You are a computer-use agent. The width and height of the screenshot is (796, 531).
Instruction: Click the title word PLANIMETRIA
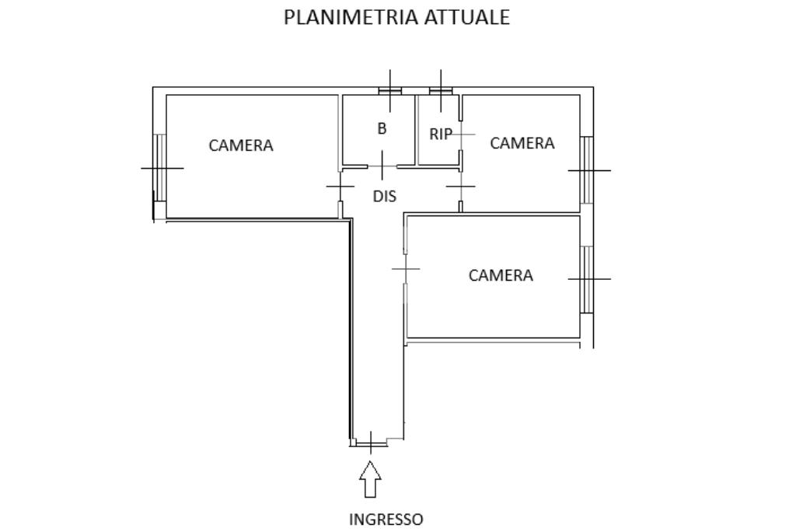coord(351,17)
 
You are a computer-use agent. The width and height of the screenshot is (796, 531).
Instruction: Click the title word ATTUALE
coord(466,17)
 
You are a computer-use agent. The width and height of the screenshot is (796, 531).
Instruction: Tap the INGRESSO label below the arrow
coord(386,519)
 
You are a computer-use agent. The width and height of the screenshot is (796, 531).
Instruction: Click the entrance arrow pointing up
coord(371,479)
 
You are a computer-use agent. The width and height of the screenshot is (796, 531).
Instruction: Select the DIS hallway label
coord(384,197)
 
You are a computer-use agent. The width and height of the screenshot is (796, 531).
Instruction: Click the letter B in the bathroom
coord(382,129)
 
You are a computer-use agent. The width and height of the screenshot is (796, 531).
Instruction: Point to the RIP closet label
coord(441,134)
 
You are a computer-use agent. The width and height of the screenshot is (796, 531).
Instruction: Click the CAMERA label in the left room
coord(241,145)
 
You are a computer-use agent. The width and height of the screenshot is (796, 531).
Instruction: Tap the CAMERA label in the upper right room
coord(522,143)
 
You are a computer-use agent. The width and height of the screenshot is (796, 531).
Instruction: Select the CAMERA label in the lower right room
coord(501,275)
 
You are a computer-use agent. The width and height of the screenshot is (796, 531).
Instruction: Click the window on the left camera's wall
coord(159,167)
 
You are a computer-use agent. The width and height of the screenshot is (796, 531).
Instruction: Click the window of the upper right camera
coord(587,169)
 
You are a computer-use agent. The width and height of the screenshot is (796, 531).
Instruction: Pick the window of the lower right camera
coord(587,278)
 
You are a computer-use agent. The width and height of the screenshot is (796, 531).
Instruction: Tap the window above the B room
coord(389,90)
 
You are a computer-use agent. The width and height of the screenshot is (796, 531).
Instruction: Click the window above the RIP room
coord(441,90)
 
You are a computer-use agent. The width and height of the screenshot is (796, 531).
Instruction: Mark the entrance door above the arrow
coord(371,442)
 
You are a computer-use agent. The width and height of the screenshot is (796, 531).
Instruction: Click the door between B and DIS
coord(382,166)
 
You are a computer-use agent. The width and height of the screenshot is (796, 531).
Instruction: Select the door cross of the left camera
coord(340,187)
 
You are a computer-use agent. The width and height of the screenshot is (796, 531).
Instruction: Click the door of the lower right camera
coord(405,269)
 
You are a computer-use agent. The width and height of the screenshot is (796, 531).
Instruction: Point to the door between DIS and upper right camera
coord(461,187)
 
